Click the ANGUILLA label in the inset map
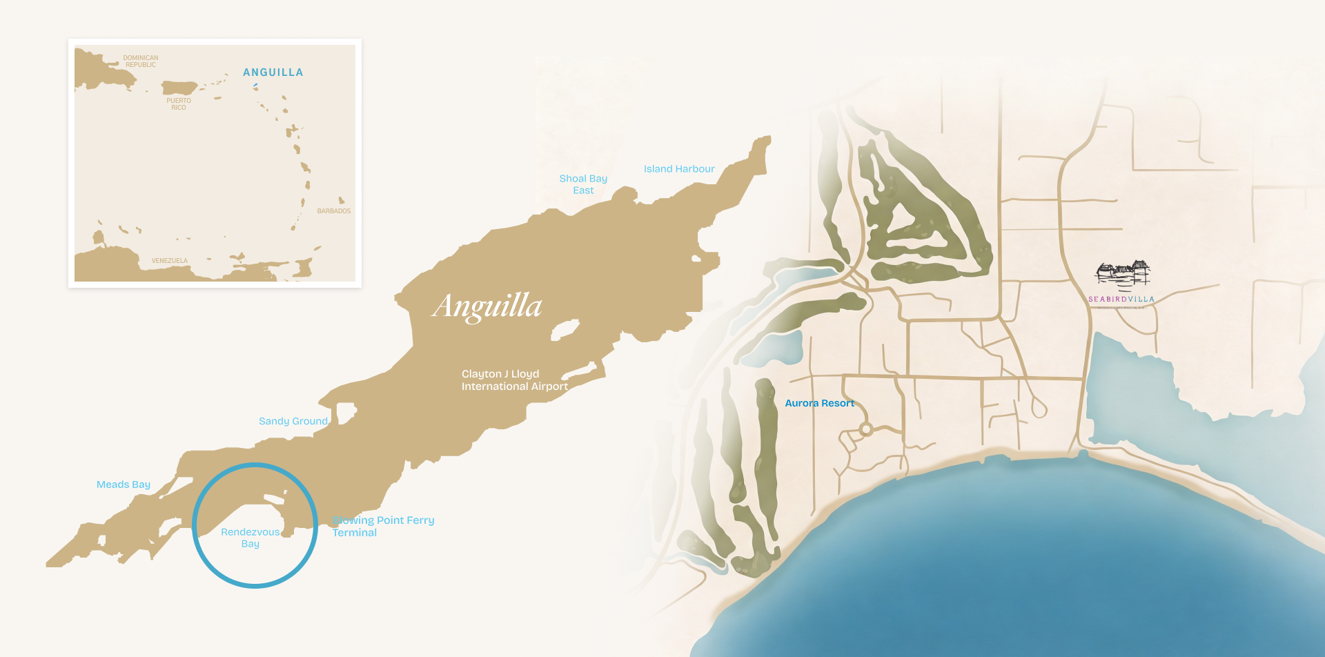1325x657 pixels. click(273, 72)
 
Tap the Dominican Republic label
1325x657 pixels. click(141, 61)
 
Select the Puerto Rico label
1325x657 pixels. click(179, 104)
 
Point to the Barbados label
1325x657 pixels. click(334, 211)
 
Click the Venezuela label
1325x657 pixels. click(170, 261)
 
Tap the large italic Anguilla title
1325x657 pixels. click(487, 306)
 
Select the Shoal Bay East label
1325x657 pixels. click(583, 184)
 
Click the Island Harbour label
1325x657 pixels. click(679, 169)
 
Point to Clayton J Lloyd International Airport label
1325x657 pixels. click(514, 380)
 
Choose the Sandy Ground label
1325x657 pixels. click(293, 421)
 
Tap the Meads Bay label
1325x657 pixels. click(124, 484)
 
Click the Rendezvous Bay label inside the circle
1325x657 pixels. click(251, 538)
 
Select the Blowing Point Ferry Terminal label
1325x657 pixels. click(383, 527)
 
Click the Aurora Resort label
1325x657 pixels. click(819, 404)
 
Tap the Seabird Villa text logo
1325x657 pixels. click(1121, 300)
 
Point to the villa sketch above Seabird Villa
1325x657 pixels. click(1123, 273)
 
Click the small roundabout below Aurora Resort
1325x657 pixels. click(866, 430)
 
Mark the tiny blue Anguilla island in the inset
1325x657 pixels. click(255, 86)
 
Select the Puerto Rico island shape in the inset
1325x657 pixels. click(179, 88)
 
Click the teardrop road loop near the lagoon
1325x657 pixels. click(1039, 408)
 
